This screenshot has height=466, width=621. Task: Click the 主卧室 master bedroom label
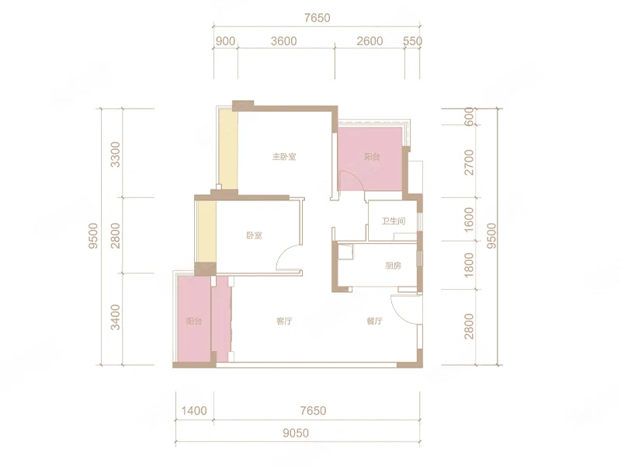(x=284, y=157)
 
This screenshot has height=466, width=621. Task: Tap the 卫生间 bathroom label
(x=394, y=221)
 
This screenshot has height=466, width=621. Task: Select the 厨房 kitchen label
(x=393, y=266)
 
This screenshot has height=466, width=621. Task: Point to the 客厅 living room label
(x=284, y=321)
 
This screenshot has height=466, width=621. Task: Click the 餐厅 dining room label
(x=374, y=321)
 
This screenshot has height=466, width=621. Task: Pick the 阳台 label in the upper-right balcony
(x=372, y=157)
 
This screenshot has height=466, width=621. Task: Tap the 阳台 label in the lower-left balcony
(x=193, y=321)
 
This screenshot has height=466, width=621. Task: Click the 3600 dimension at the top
(x=283, y=41)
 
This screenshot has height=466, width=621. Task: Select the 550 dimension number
(x=412, y=41)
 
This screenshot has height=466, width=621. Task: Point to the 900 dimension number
(x=225, y=41)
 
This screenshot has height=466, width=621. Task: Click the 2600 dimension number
(x=369, y=41)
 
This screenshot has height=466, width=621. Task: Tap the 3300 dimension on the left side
(x=115, y=154)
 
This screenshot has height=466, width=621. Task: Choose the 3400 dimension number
(x=115, y=317)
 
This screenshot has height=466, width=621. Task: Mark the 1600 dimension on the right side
(x=469, y=220)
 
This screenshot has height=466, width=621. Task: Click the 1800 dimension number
(x=469, y=265)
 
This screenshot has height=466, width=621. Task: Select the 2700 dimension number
(x=469, y=162)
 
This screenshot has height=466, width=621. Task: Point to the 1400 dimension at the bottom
(x=194, y=411)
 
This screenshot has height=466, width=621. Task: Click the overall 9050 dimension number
(x=296, y=433)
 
